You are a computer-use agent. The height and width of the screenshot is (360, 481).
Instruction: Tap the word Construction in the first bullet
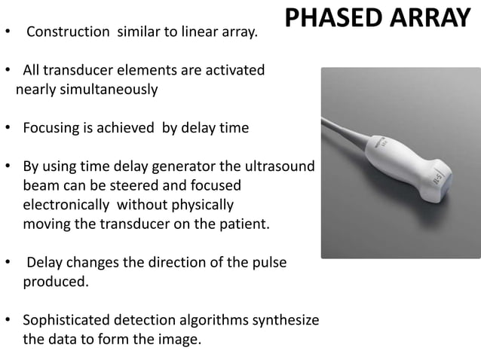coord(66,33)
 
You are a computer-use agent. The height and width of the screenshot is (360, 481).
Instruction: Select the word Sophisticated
coord(69,320)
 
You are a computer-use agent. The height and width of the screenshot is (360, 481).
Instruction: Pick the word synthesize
coord(285,320)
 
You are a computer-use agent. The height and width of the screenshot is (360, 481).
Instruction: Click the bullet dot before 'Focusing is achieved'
coord(8,128)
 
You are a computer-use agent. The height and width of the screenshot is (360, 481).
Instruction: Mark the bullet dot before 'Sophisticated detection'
coord(8,321)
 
